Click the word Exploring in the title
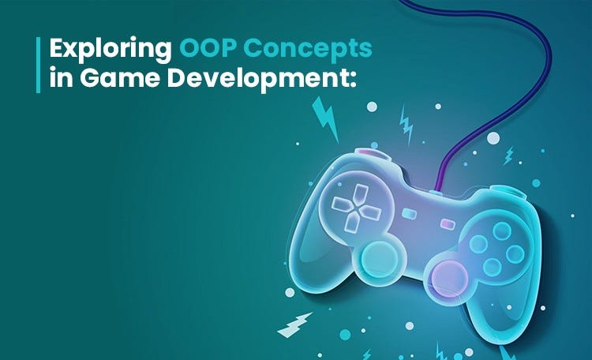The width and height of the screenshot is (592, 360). [109, 50]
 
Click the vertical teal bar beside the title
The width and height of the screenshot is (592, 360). [38, 64]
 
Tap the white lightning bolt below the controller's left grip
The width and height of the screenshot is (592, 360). [294, 324]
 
